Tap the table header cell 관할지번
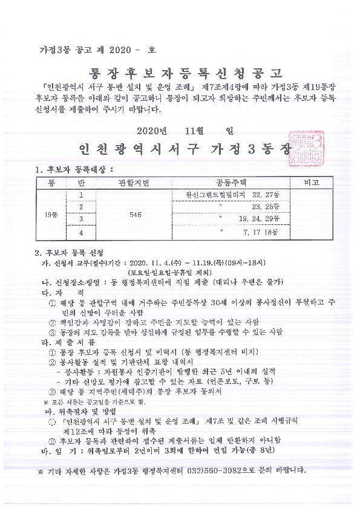pos(134,183)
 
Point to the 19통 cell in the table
pos(51,213)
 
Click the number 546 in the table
pos(136,214)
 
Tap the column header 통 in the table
pos(51,183)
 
